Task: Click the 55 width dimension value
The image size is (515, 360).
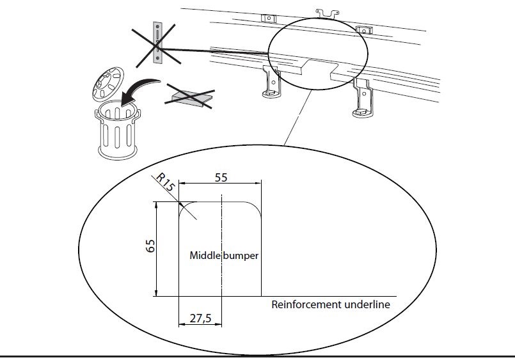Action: [x=221, y=178]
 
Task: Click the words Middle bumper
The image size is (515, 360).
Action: [x=224, y=255]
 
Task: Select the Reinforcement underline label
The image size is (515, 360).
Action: [x=330, y=304]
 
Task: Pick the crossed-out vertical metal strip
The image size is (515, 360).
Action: [x=156, y=42]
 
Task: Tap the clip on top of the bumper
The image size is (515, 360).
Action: [x=328, y=12]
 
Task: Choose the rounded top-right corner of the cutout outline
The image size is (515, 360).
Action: [x=254, y=208]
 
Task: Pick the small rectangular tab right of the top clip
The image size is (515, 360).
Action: [x=364, y=30]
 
